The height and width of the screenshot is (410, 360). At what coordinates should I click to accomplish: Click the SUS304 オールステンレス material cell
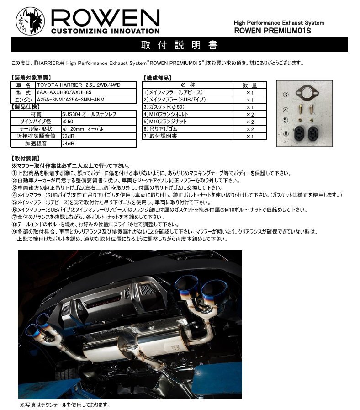(98, 114)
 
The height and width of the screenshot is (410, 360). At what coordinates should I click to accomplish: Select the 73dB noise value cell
(98, 136)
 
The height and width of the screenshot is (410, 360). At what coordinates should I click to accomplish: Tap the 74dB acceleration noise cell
(98, 143)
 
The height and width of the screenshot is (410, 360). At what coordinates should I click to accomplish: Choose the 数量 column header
(250, 85)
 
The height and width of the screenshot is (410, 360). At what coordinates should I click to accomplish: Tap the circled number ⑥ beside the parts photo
(285, 134)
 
